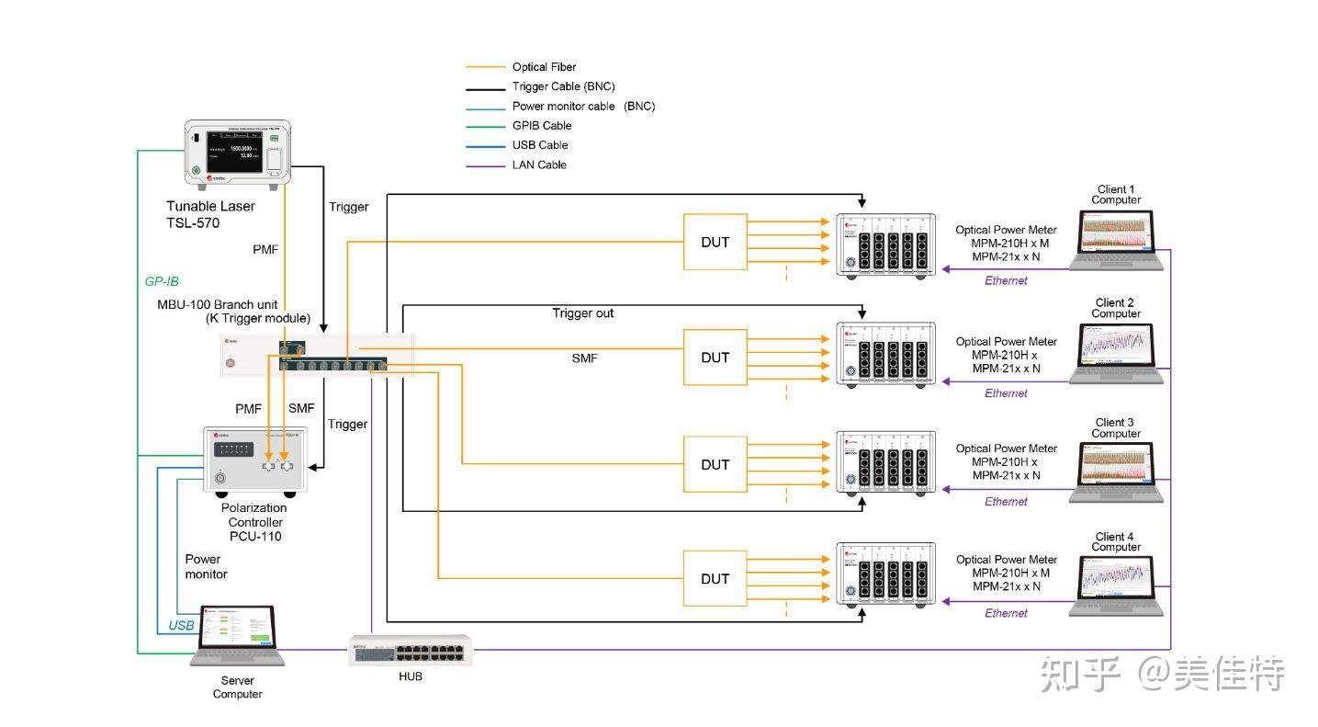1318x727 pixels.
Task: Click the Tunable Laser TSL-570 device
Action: (237, 154)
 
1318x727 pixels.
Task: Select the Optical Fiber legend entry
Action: (544, 67)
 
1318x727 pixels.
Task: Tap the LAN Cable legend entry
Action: (539, 165)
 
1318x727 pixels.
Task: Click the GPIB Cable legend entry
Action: (542, 126)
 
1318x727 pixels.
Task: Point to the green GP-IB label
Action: (162, 281)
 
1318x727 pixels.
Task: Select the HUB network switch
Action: (411, 651)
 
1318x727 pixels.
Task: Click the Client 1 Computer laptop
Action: (1117, 241)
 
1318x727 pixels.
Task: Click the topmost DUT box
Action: (715, 243)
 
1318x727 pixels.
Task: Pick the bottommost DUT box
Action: (715, 579)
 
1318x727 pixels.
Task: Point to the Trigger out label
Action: (582, 313)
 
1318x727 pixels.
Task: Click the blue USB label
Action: (182, 626)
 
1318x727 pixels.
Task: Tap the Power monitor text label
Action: (206, 566)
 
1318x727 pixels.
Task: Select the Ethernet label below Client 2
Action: (1006, 393)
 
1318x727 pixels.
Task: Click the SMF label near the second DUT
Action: (584, 358)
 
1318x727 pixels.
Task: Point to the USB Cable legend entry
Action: (540, 145)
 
